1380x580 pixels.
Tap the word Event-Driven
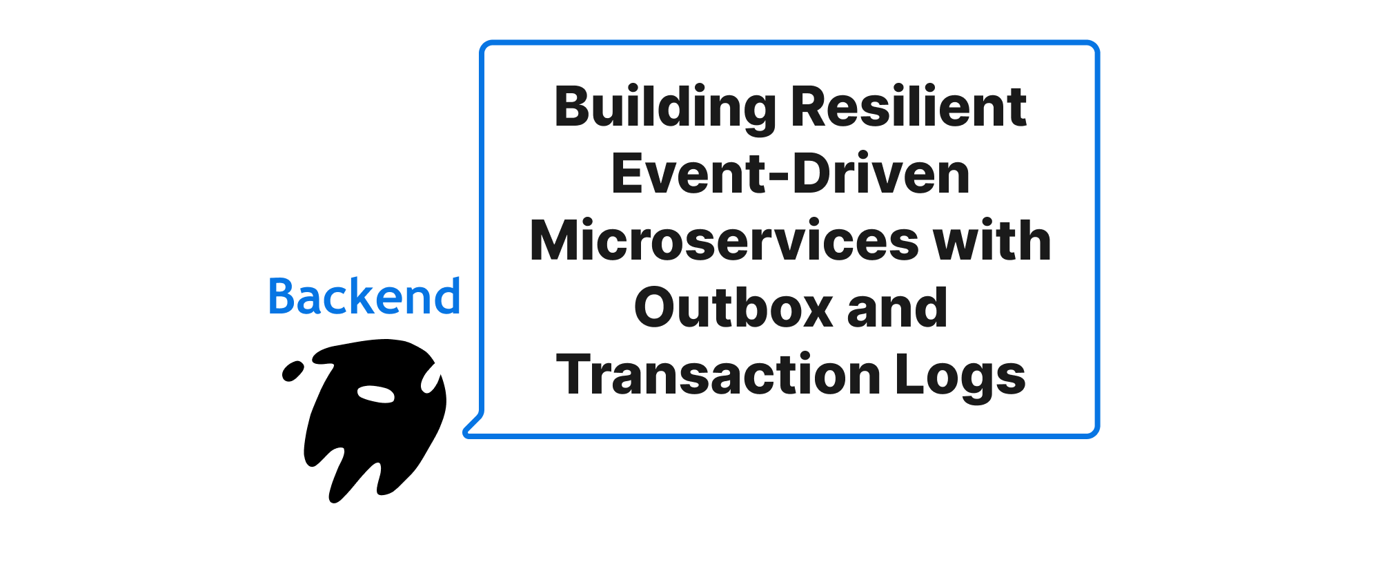(x=791, y=174)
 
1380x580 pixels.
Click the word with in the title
(x=992, y=240)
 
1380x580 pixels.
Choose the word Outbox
(x=733, y=307)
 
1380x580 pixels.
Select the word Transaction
(x=718, y=374)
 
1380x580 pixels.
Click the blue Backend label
(x=364, y=296)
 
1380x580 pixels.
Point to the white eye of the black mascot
(x=375, y=394)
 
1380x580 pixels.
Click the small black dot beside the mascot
(x=293, y=371)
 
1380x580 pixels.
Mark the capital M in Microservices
(x=556, y=240)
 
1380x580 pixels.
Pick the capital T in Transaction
(x=575, y=374)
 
